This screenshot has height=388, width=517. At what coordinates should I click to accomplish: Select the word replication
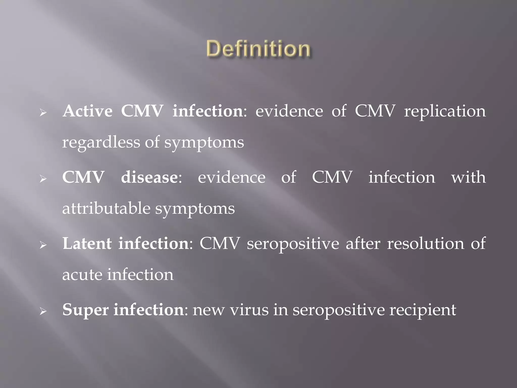[x=445, y=111]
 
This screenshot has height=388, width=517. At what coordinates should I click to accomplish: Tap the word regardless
[x=101, y=142]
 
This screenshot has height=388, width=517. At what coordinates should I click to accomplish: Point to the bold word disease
[x=149, y=177]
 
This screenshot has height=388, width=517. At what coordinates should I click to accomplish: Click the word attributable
[x=106, y=209]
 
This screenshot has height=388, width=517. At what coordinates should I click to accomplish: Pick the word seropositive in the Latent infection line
[x=293, y=244]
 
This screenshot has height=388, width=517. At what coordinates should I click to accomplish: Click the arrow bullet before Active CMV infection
[x=43, y=113]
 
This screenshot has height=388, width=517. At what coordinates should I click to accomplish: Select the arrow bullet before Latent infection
[x=43, y=245]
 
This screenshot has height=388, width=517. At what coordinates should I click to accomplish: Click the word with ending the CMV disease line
[x=468, y=177]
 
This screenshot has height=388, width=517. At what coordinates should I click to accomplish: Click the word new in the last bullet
[x=209, y=310]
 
